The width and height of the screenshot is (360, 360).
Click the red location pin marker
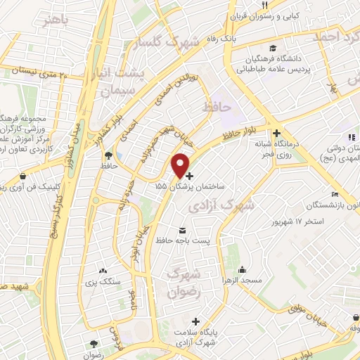[x=181, y=165]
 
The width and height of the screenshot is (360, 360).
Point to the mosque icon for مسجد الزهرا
[x=243, y=269]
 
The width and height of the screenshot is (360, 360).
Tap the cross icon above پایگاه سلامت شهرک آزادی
[x=205, y=320]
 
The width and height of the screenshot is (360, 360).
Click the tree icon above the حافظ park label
[x=108, y=155]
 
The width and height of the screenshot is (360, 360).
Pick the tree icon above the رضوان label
[x=93, y=343]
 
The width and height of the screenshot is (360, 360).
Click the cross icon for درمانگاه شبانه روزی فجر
[x=277, y=132]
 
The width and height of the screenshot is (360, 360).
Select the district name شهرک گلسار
[x=167, y=42]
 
